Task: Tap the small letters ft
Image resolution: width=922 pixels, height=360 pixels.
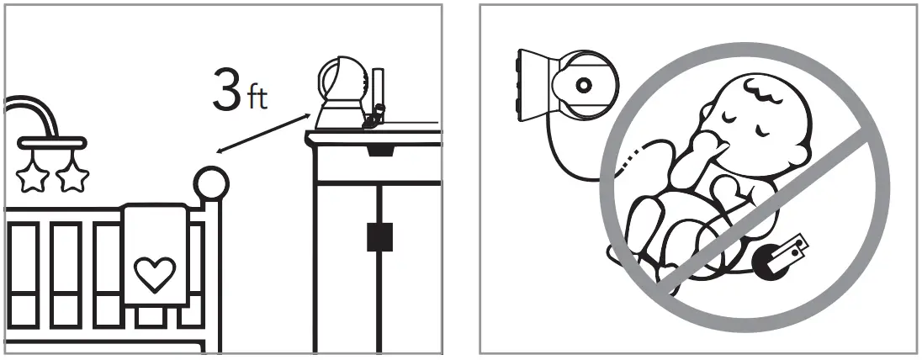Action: [256, 99]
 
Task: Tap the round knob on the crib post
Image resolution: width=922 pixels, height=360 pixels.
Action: [212, 182]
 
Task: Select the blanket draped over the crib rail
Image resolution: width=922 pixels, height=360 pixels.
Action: [155, 252]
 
